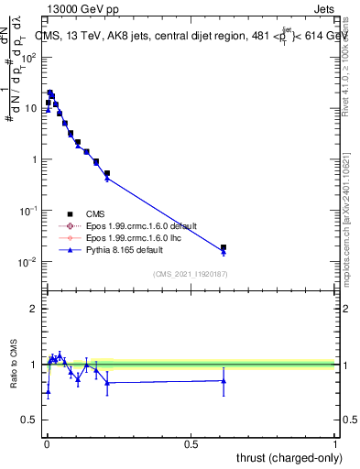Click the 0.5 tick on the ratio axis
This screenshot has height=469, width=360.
point(30,420)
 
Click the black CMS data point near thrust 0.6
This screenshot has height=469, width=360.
point(224,247)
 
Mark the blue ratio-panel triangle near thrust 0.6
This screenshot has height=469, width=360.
point(224,380)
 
